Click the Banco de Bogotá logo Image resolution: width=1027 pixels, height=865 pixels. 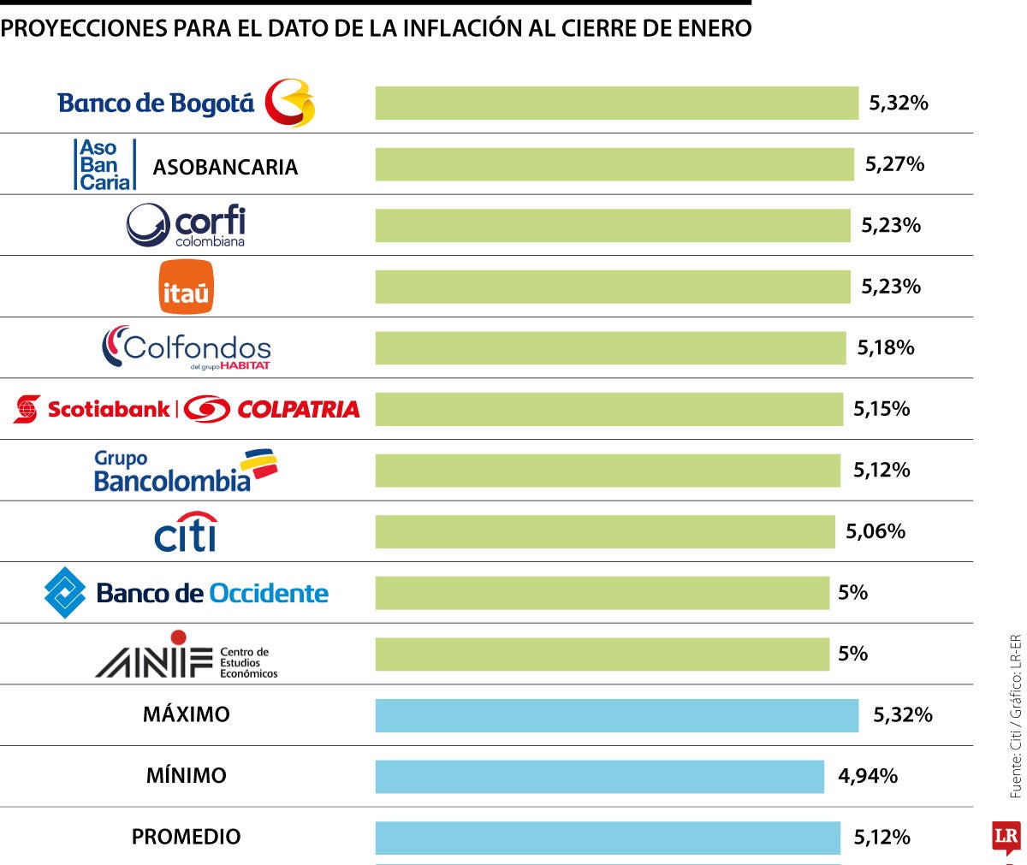(186, 103)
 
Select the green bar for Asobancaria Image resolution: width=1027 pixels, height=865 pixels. (614, 164)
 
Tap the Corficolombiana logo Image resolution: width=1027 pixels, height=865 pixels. (186, 225)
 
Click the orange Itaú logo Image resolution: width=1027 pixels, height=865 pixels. (186, 287)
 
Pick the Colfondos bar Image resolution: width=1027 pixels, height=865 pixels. (609, 348)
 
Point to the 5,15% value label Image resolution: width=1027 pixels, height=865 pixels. (882, 409)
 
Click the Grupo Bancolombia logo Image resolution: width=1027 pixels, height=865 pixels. (186, 471)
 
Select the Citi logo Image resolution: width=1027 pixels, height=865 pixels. (186, 532)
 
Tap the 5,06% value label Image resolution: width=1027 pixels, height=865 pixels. (876, 531)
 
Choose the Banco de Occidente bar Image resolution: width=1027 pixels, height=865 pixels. (602, 593)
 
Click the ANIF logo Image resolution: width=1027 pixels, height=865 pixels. (186, 655)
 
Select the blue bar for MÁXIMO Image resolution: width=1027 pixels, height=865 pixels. (616, 715)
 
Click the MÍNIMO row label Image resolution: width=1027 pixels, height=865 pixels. (186, 776)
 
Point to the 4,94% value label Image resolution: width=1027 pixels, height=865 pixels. (868, 776)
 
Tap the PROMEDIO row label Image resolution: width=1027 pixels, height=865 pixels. (186, 837)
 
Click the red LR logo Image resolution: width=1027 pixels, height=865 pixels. (1006, 837)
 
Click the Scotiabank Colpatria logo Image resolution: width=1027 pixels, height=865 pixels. (186, 409)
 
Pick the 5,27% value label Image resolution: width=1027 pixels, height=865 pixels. (894, 164)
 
